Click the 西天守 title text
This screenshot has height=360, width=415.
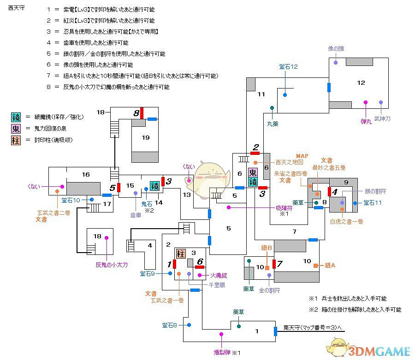click(14, 9)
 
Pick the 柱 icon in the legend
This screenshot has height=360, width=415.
click(16, 140)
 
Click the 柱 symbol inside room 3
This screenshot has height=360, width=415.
click(180, 253)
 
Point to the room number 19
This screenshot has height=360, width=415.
click(146, 137)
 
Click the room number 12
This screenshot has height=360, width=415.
click(361, 83)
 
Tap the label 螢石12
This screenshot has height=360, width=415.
click(288, 67)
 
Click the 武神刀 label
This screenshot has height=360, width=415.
click(382, 118)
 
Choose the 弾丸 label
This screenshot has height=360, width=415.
click(366, 121)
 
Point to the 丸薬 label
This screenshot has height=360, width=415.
click(273, 123)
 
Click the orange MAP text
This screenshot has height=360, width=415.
click(302, 156)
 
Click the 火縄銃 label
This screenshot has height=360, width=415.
click(219, 275)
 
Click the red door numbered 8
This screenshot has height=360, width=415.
click(143, 112)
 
